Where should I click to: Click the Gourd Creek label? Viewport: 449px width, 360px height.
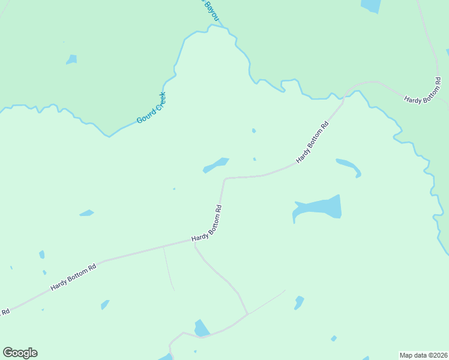point(151,108)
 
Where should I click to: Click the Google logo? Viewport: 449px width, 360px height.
point(20,353)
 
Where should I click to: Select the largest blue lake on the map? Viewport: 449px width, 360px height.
point(319,208)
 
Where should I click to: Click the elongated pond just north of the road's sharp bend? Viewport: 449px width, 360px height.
point(216,164)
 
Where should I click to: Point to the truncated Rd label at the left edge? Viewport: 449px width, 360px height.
point(5,311)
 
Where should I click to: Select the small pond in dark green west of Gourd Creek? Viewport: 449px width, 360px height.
point(72,59)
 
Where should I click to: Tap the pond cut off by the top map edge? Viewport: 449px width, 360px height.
point(371,5)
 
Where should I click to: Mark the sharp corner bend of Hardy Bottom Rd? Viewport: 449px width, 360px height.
point(225,179)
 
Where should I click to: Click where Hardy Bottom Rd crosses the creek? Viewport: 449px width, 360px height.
point(348,93)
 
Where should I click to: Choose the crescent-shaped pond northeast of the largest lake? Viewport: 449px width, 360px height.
point(349,167)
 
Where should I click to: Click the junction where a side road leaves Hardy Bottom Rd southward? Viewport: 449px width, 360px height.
point(195,243)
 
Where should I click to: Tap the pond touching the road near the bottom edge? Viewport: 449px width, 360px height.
point(202,329)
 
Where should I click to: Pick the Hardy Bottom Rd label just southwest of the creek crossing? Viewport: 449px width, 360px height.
point(313,143)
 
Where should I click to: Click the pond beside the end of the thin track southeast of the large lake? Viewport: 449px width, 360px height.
point(298,302)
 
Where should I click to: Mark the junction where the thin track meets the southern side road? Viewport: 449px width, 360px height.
point(247,314)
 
